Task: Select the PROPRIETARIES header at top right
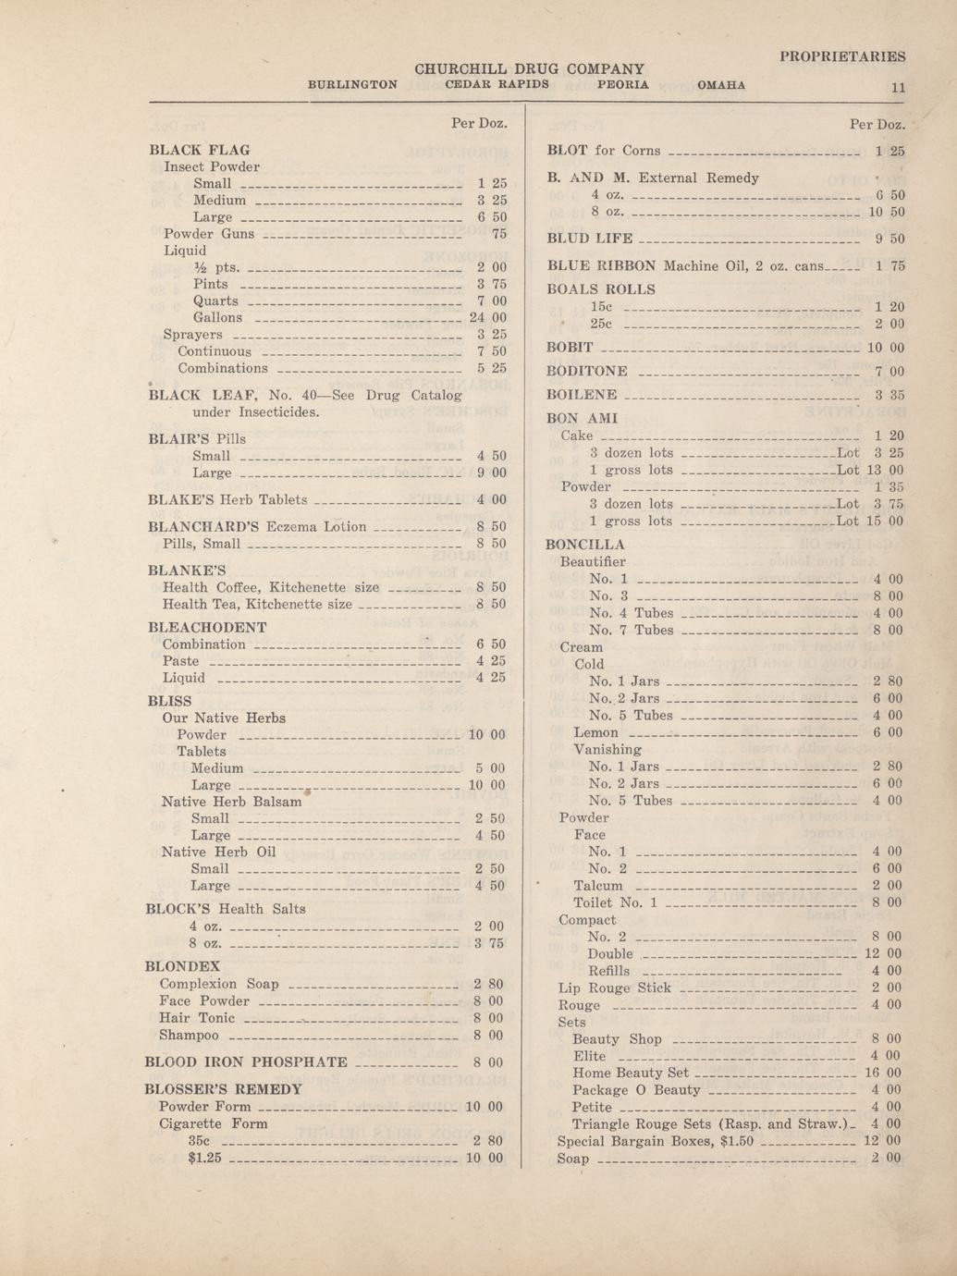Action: pos(842,56)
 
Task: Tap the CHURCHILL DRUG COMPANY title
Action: pos(529,69)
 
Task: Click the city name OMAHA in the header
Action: pos(721,84)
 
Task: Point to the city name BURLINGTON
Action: pos(352,84)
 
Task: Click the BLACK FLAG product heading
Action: pos(199,150)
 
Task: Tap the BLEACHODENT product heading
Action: pos(207,627)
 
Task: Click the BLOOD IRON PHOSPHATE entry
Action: pos(247,1061)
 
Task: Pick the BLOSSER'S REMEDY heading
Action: pos(224,1089)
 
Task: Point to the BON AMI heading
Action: pos(582,418)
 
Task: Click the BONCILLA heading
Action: pos(584,545)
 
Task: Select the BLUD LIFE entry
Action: pos(590,239)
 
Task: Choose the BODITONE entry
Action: pos(587,371)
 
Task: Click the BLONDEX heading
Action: pos(182,966)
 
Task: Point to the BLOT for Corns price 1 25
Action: pos(890,151)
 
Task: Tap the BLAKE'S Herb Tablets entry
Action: pos(227,499)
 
